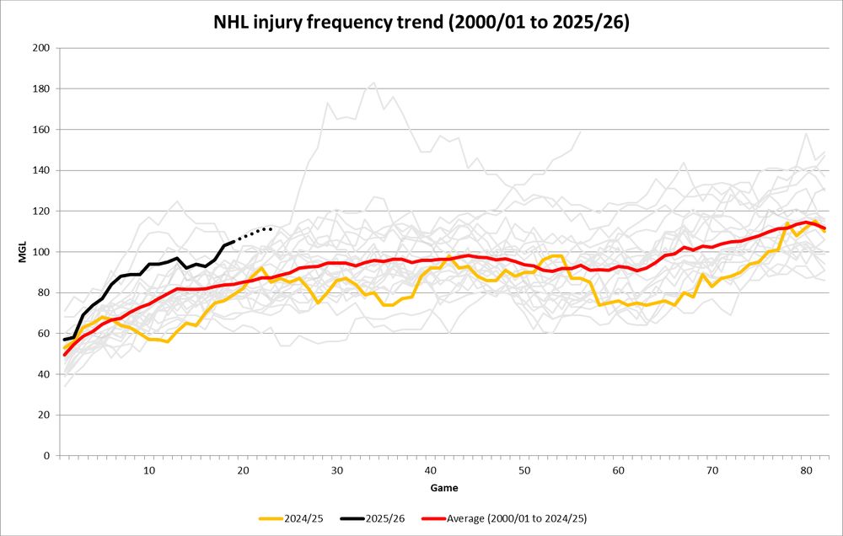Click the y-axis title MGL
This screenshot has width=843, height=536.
(24, 251)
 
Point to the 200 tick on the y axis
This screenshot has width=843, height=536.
(40, 48)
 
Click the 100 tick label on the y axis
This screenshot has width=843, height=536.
(40, 252)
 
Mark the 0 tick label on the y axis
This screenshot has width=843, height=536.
(46, 456)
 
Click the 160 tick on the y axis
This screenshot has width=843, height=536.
(40, 130)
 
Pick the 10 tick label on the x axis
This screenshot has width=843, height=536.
(148, 469)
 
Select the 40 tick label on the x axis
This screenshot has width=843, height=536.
(430, 469)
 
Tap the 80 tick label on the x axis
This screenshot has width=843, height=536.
(806, 469)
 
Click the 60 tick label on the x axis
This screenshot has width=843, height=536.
(618, 469)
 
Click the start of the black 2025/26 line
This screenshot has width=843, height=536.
(65, 340)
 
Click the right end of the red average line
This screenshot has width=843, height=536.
(824, 228)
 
